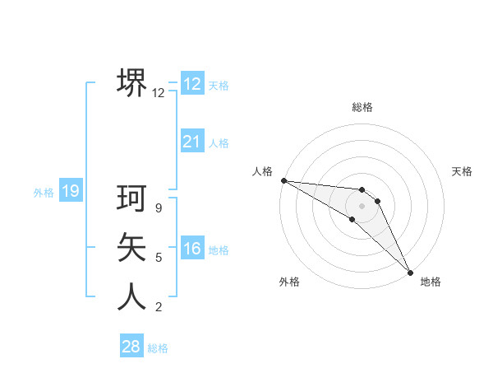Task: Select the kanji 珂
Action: click(131, 198)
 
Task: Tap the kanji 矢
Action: click(131, 247)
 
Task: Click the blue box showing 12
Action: click(191, 84)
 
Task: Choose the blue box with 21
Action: click(191, 142)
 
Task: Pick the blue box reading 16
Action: click(191, 249)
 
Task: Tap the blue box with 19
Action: click(70, 192)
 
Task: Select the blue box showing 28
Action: click(131, 347)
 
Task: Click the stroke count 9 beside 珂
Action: click(159, 208)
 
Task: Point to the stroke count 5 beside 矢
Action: click(159, 258)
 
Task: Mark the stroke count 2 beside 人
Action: click(159, 307)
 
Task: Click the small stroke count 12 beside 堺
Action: click(158, 93)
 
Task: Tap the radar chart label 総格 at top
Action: click(362, 107)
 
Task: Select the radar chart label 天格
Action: click(462, 171)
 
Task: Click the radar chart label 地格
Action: click(431, 282)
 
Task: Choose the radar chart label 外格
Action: click(289, 282)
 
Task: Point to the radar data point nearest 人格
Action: click(283, 180)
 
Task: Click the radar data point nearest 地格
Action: click(409, 271)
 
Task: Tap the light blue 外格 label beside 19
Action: click(44, 193)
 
